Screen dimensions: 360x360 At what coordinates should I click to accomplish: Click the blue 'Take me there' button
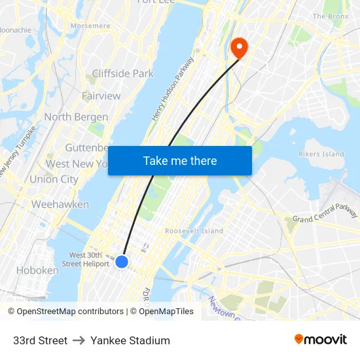pyautogui.click(x=180, y=160)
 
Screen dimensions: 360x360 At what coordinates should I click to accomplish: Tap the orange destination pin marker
pyautogui.click(x=239, y=47)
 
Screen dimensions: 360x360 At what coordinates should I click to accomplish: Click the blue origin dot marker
pyautogui.click(x=121, y=262)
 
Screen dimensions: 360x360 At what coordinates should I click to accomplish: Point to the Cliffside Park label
pyautogui.click(x=123, y=73)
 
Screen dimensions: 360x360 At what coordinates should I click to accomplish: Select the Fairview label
pyautogui.click(x=101, y=96)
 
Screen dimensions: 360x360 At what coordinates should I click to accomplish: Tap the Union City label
pyautogui.click(x=54, y=179)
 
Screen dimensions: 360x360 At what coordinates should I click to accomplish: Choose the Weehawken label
pyautogui.click(x=60, y=204)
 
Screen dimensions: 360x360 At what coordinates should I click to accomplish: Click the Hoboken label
pyautogui.click(x=37, y=270)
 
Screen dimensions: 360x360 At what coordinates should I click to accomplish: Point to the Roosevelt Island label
pyautogui.click(x=194, y=231)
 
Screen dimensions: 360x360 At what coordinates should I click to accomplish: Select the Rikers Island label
pyautogui.click(x=321, y=154)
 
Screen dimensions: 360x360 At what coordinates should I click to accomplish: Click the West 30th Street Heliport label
pyautogui.click(x=86, y=259)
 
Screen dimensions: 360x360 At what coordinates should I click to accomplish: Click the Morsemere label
pyautogui.click(x=90, y=26)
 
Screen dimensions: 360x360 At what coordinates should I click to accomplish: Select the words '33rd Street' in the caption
pyautogui.click(x=40, y=340)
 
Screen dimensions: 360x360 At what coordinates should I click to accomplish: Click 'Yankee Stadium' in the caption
pyautogui.click(x=130, y=340)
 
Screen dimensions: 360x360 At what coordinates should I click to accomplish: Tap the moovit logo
pyautogui.click(x=320, y=339)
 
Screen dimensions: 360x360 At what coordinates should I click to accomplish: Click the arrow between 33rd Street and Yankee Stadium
pyautogui.click(x=79, y=340)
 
